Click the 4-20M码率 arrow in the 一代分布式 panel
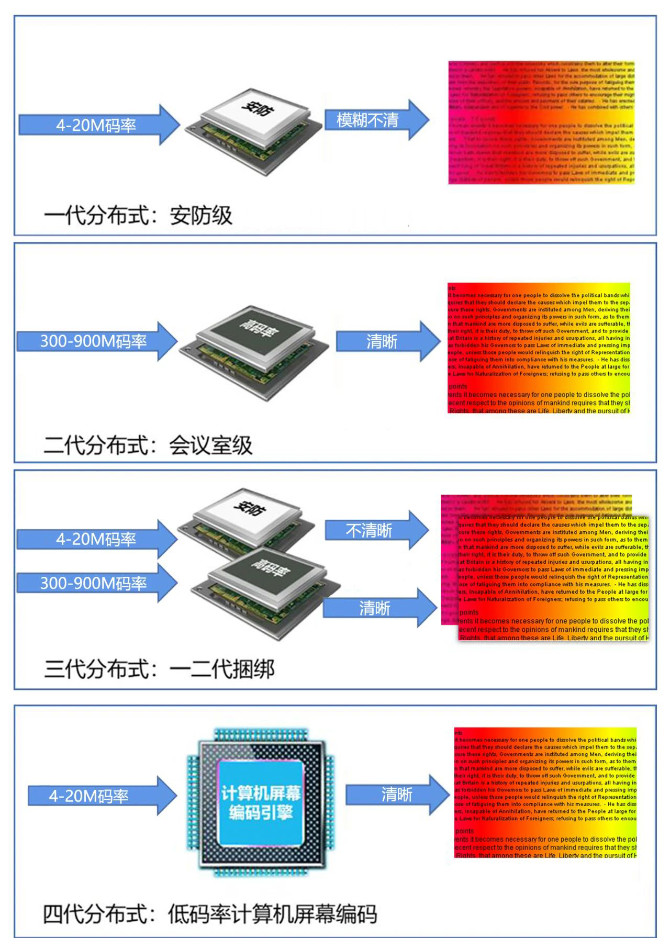point(97,125)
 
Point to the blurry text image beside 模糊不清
point(541,122)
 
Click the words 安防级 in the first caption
point(201,216)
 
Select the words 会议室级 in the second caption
point(210,445)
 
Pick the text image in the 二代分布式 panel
point(539,348)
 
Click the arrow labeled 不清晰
point(374,531)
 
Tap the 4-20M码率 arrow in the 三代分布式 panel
point(96,539)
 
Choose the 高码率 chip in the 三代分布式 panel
point(262,589)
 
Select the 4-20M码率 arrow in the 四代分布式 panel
point(99,796)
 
